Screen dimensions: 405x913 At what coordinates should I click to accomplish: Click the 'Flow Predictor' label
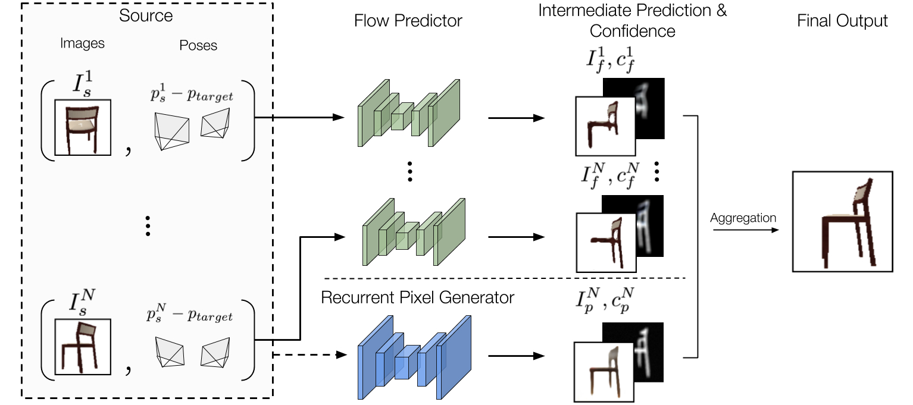408,21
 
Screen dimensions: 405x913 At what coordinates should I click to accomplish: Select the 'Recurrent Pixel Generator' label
417,297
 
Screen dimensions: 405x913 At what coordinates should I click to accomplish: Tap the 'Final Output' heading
842,21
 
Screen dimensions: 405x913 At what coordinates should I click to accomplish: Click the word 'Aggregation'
743,218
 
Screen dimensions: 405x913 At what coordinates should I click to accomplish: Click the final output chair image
842,221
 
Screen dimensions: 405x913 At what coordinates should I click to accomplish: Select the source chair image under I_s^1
82,127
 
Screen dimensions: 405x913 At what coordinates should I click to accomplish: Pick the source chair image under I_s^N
82,347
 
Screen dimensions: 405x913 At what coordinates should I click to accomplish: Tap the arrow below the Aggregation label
743,230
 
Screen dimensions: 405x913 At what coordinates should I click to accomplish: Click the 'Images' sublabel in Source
83,43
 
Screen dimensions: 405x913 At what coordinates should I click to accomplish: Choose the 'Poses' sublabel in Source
198,46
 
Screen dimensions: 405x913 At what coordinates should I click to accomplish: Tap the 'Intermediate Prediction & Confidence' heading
632,21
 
